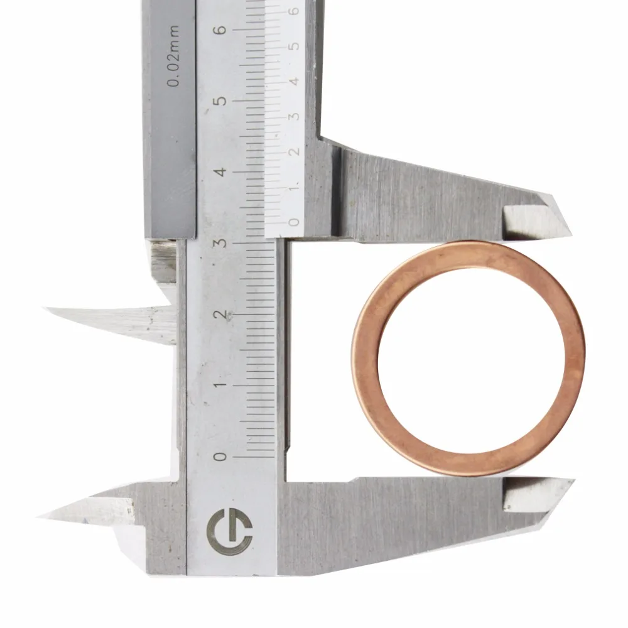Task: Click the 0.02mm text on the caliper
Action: point(173,56)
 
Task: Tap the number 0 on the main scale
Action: point(220,457)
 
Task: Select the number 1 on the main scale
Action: point(220,386)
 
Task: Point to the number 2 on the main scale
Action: point(220,315)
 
